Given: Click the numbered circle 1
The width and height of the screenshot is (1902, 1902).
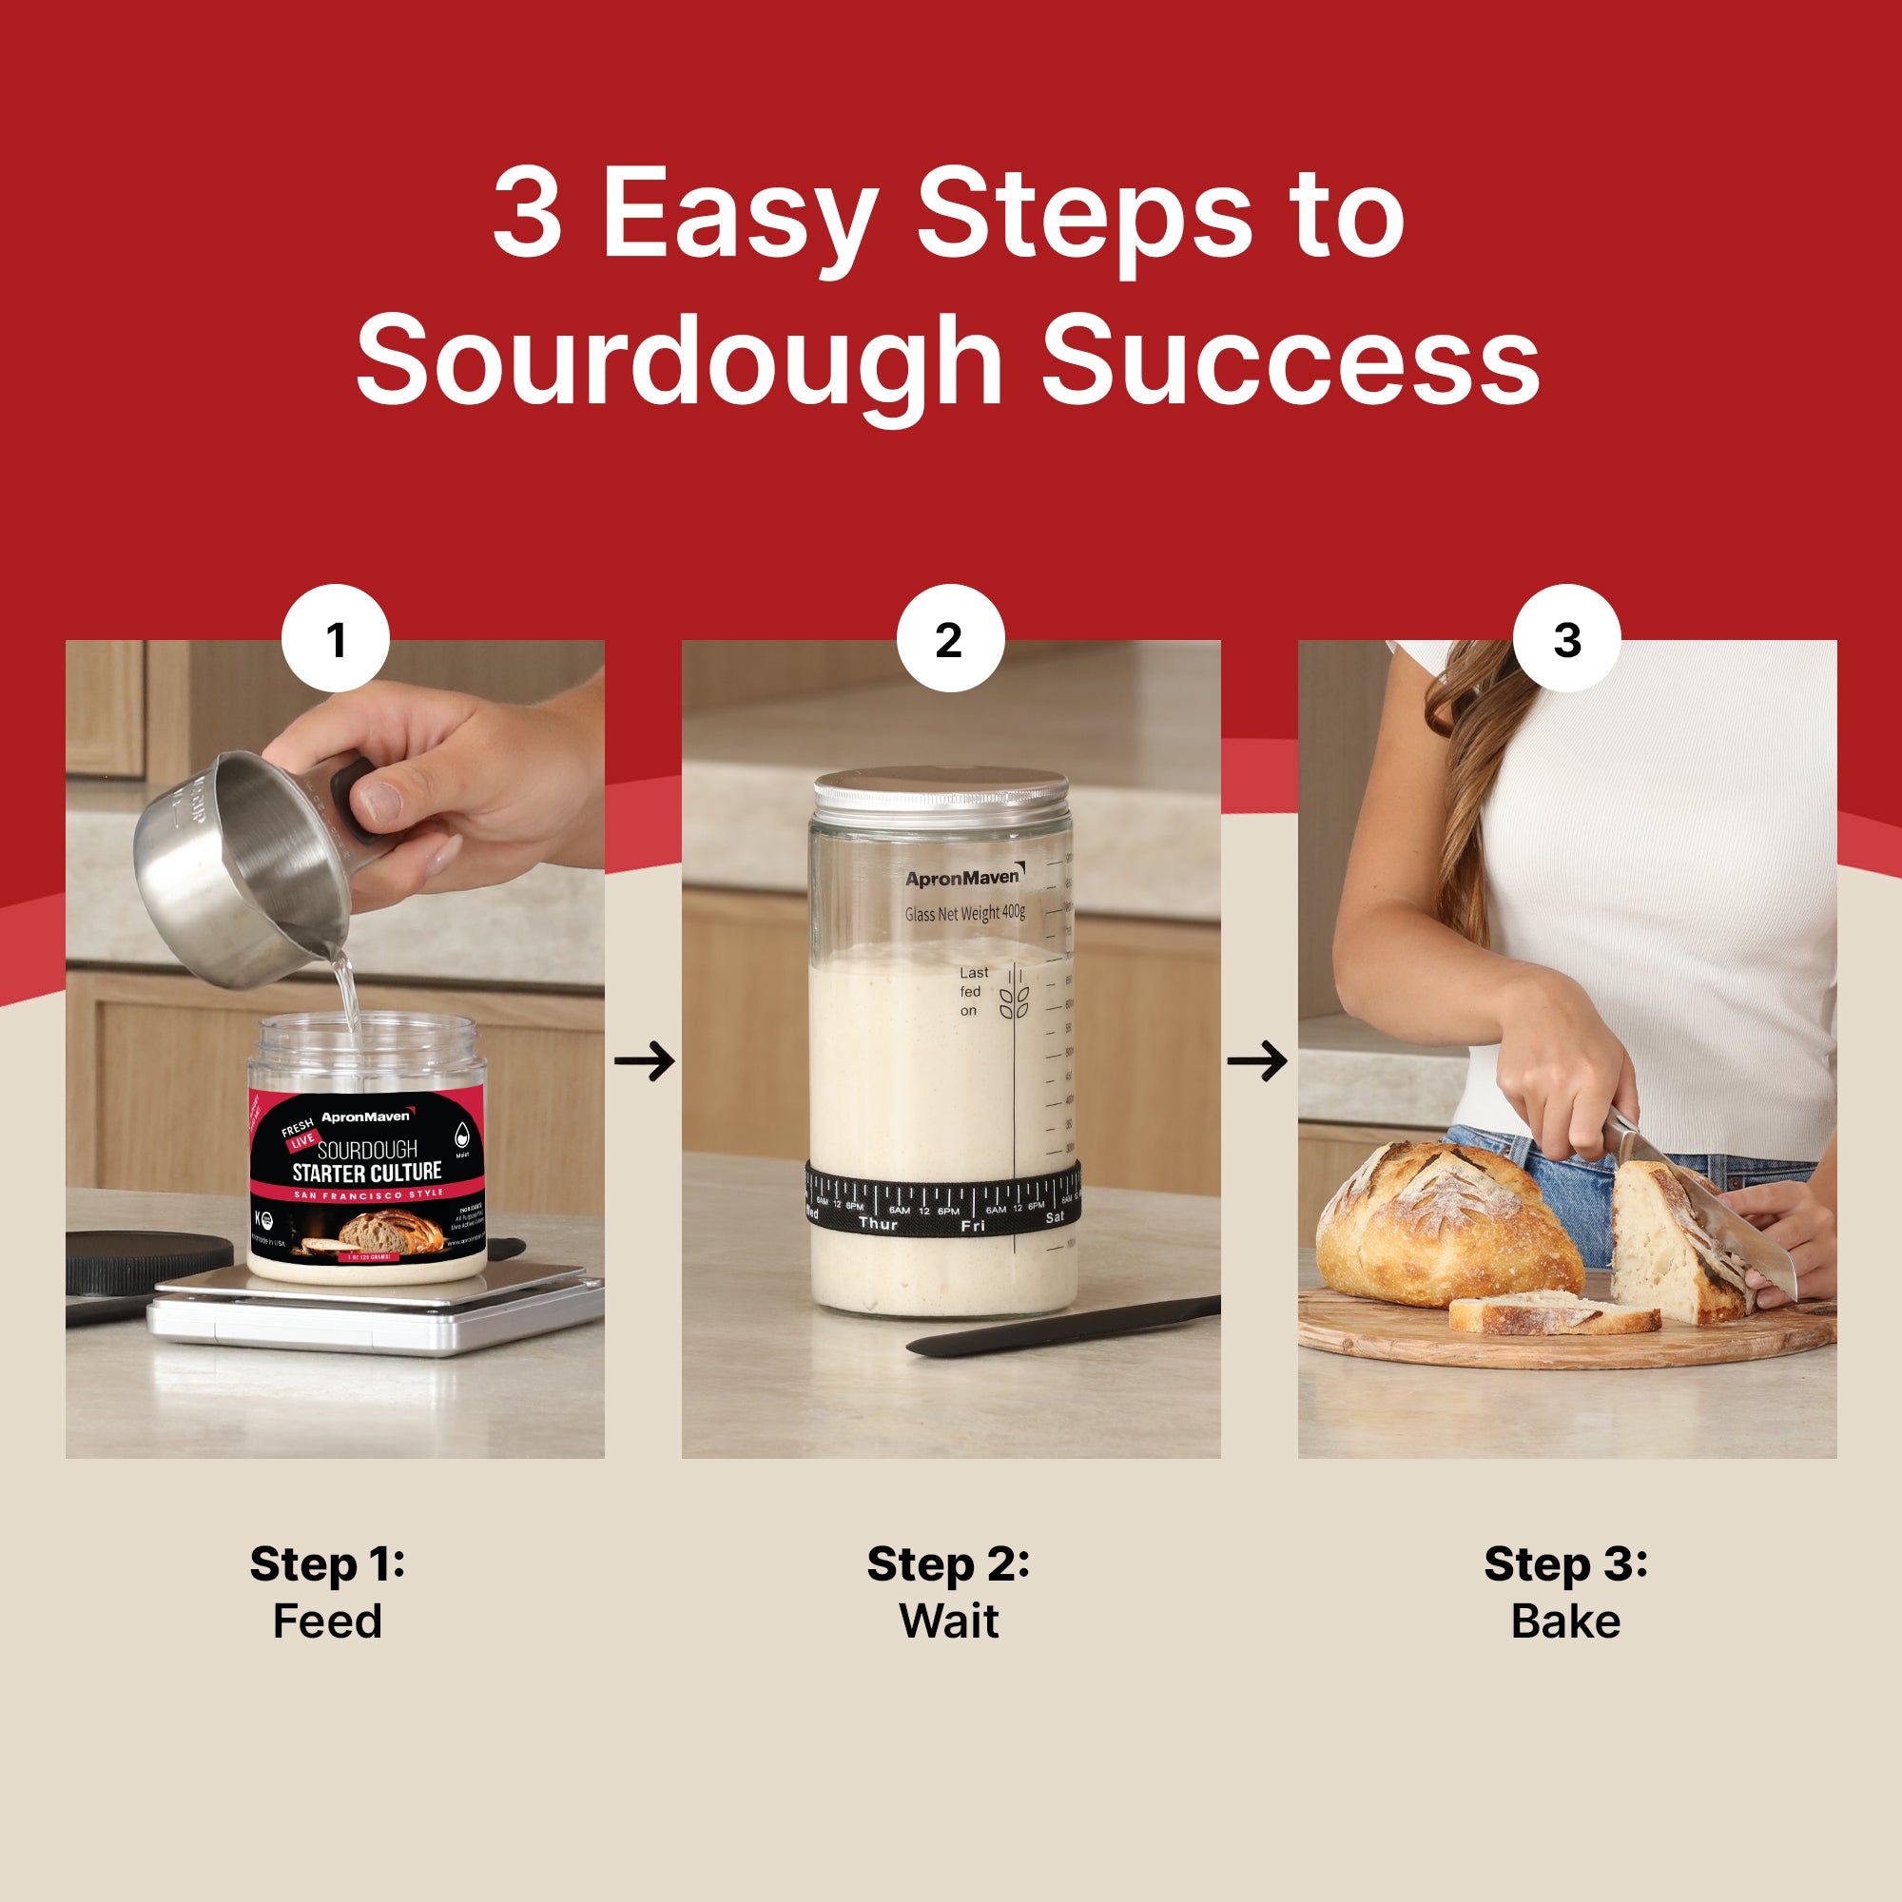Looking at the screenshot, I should [336, 639].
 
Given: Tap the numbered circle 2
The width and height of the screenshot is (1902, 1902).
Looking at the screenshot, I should [950, 639].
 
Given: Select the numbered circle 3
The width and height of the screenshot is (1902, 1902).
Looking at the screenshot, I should [1566, 639].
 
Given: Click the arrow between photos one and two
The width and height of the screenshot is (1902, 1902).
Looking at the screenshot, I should [644, 1060].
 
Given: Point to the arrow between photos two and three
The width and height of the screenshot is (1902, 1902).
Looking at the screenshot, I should [1257, 1060].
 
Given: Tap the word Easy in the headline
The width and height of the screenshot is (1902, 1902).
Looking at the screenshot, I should [738, 215].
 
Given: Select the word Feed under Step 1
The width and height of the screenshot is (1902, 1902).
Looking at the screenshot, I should [327, 1621].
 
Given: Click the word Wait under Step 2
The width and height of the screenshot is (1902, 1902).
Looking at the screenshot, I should [949, 1621].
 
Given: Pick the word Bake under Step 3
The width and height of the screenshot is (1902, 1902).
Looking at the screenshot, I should [1565, 1621].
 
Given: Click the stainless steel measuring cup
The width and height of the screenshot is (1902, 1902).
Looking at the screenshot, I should [242, 866].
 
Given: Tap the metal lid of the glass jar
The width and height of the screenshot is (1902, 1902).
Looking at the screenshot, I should [941, 790].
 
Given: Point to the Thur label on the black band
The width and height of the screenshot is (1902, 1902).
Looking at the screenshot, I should [877, 1224].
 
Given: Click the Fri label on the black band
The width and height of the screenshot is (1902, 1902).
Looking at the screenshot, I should [972, 1226].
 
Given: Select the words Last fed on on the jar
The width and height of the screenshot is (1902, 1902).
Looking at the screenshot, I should [972, 991].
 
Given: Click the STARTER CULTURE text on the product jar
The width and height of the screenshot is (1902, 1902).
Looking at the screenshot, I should [366, 1173].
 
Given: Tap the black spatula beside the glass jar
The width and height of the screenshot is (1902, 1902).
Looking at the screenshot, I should [1063, 1324].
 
